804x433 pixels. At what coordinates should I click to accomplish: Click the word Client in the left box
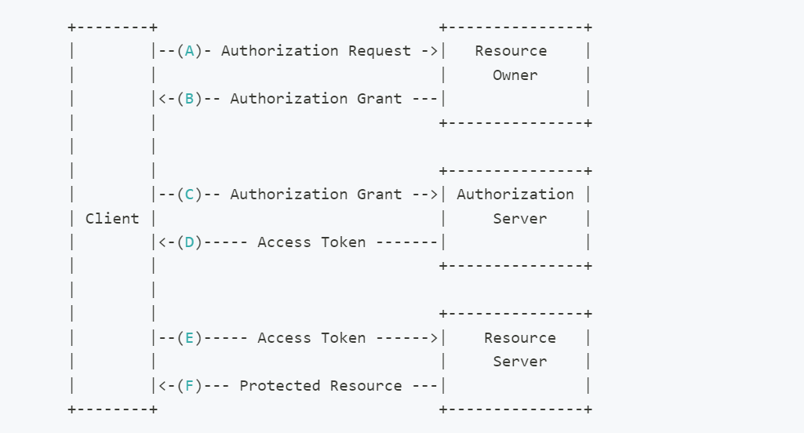coord(112,219)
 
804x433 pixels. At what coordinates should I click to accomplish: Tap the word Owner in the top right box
coord(515,75)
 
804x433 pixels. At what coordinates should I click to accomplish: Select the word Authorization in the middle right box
coord(515,195)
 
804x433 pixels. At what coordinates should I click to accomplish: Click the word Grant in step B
coord(380,100)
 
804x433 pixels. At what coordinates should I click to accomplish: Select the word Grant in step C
coord(380,195)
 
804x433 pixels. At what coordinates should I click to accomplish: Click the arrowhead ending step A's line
coord(434,52)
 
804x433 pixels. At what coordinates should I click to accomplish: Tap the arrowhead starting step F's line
coord(162,387)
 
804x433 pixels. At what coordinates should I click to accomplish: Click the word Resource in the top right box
coord(511,52)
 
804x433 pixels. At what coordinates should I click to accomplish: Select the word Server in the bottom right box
coord(519,362)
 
